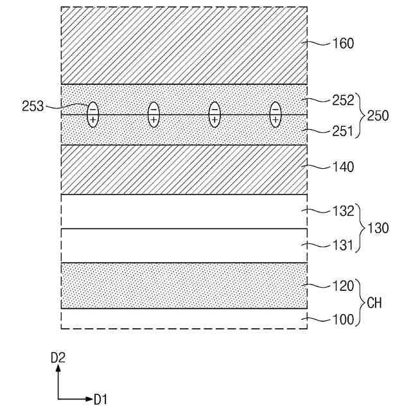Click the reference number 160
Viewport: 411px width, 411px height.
pyautogui.click(x=344, y=44)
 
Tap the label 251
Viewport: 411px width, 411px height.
pyautogui.click(x=344, y=132)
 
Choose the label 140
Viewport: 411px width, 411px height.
pyautogui.click(x=344, y=167)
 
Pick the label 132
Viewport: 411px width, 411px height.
pyautogui.click(x=344, y=211)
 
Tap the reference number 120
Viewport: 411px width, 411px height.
pyautogui.click(x=344, y=286)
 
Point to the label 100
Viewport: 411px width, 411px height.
pyautogui.click(x=344, y=319)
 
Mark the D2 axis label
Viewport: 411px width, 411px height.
pyautogui.click(x=58, y=358)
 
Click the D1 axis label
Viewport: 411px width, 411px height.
pyautogui.click(x=100, y=400)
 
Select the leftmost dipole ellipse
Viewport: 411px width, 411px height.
pyautogui.click(x=92, y=114)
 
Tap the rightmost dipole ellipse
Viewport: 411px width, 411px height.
pyautogui.click(x=275, y=114)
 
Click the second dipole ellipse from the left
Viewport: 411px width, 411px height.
pyautogui.click(x=153, y=114)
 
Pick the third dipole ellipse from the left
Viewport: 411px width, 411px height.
pyautogui.click(x=214, y=114)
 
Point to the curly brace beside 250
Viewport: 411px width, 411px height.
pyautogui.click(x=360, y=116)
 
